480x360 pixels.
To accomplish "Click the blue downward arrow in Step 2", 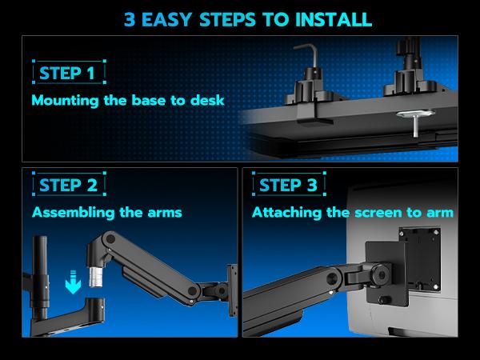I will [73, 282].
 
